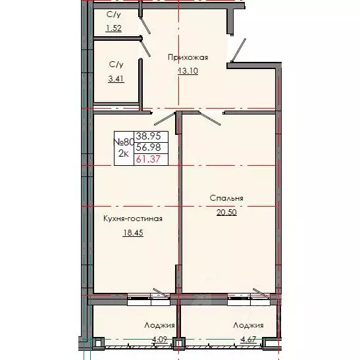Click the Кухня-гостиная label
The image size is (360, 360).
(x=132, y=219)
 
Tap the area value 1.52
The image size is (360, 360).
(x=115, y=28)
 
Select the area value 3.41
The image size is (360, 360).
(x=116, y=78)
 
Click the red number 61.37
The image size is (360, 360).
(x=147, y=158)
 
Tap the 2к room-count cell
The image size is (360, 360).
(x=123, y=153)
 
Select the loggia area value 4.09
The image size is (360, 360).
(x=159, y=340)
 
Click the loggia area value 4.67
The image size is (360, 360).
(x=247, y=340)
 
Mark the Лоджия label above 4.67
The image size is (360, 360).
(x=248, y=325)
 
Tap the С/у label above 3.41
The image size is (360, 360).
(x=116, y=64)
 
